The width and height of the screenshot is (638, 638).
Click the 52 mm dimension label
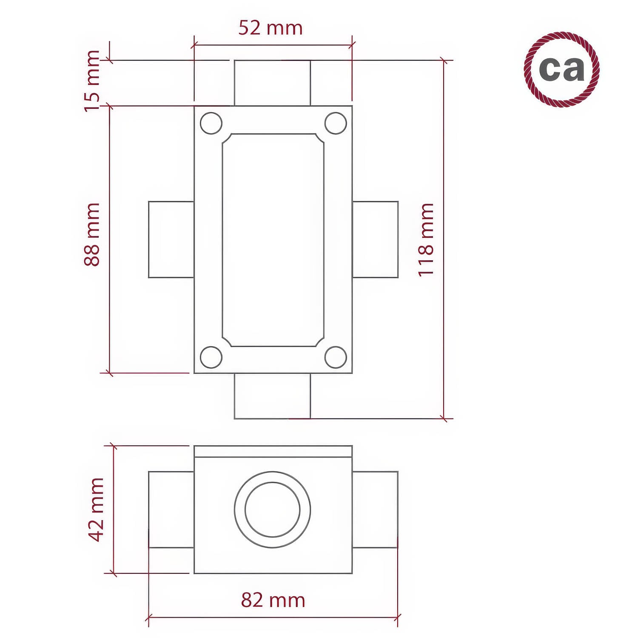tap(270, 28)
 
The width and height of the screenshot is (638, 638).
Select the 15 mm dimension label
tap(92, 81)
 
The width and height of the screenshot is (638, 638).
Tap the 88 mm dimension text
tap(92, 234)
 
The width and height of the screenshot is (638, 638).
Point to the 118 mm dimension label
tap(426, 239)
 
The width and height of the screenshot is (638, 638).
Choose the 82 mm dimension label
tap(273, 600)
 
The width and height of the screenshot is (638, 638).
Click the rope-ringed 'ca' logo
tap(561, 69)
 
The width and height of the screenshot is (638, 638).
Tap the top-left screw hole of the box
tap(211, 123)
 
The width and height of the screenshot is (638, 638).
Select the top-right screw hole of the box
tap(336, 123)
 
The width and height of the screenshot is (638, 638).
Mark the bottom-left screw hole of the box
tap(211, 357)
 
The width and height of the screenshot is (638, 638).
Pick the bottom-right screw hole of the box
tap(336, 357)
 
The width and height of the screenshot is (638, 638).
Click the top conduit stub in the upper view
tap(272, 83)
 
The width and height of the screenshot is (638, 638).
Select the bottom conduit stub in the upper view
tap(272, 396)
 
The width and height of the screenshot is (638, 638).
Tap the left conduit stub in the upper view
tap(171, 239)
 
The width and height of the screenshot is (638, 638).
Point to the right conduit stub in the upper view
tap(375, 239)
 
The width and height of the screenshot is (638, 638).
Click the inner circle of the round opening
tap(273, 510)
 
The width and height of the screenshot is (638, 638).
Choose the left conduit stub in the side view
tap(171, 510)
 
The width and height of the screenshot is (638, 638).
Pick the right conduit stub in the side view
tap(375, 510)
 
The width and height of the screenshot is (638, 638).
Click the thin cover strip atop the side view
tap(273, 451)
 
